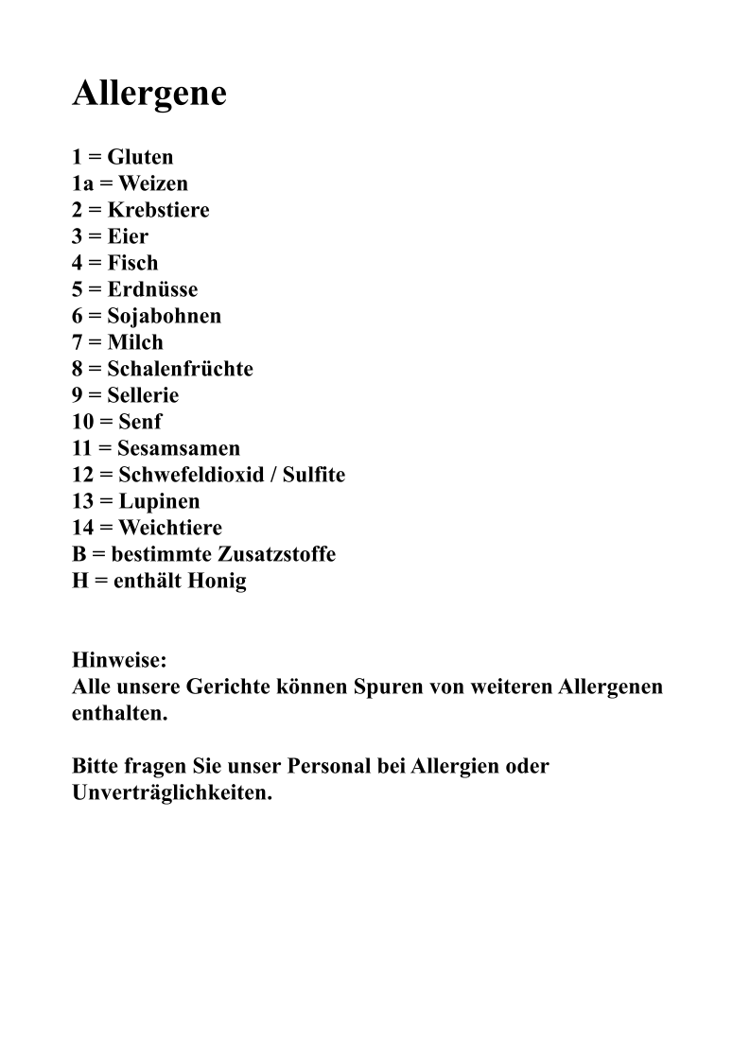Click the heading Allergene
[149, 94]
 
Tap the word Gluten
[140, 157]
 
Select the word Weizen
[153, 183]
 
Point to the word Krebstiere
[158, 210]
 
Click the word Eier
[128, 236]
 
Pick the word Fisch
[132, 263]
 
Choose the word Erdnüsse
[152, 289]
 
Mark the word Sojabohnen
[164, 316]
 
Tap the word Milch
[135, 342]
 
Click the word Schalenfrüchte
[180, 369]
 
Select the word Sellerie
[143, 395]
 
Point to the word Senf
[140, 422]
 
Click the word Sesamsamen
[179, 448]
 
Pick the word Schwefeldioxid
[191, 475]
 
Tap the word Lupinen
[159, 501]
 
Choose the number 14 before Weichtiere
[83, 528]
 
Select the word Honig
[218, 581]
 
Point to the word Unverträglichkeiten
[172, 792]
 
